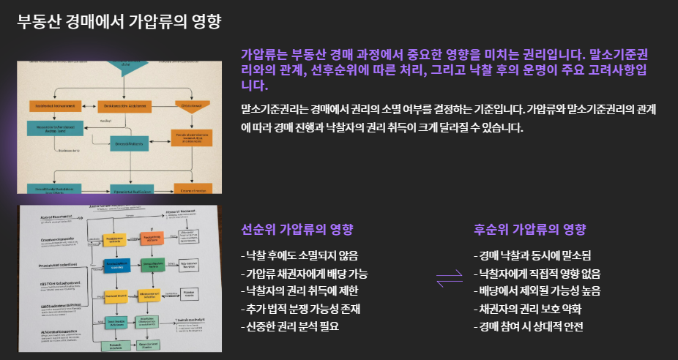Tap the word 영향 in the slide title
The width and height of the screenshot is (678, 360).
[x=204, y=21]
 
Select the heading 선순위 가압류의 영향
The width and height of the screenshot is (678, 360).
[x=297, y=229]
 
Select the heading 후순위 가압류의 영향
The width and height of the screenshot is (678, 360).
[x=529, y=229]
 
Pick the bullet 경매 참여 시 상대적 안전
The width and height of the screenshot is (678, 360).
[x=528, y=326]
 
